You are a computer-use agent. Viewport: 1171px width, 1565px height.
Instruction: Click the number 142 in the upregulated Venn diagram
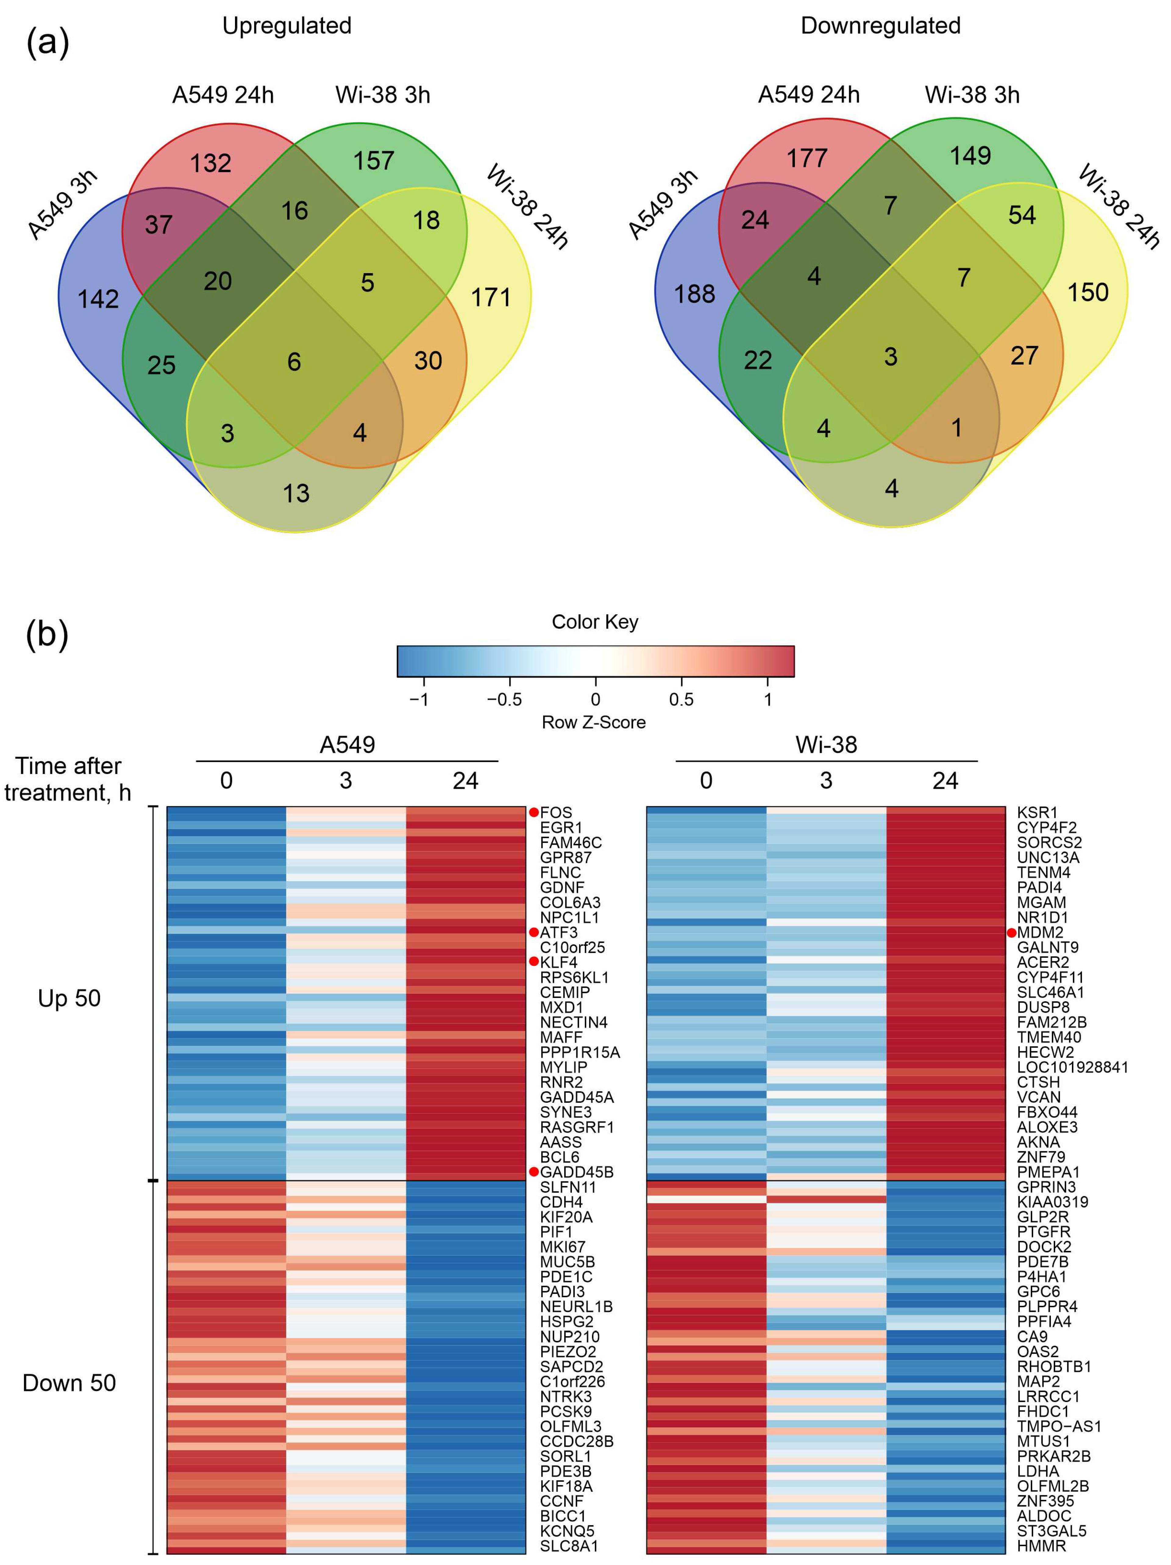pyautogui.click(x=98, y=299)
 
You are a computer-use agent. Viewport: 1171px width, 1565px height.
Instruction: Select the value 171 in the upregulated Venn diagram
pyautogui.click(x=491, y=297)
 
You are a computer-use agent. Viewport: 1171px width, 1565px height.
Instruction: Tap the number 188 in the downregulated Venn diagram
pyautogui.click(x=694, y=294)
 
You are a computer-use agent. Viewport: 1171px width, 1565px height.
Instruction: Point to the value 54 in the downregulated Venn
pyautogui.click(x=1022, y=215)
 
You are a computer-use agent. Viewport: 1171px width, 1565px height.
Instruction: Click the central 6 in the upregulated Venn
pyautogui.click(x=294, y=362)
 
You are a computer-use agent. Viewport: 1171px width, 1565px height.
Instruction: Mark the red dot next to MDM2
pyautogui.click(x=1012, y=932)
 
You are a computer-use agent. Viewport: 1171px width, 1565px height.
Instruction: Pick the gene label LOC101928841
pyautogui.click(x=1072, y=1067)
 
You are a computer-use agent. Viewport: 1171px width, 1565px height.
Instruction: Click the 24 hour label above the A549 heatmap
pyautogui.click(x=466, y=781)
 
